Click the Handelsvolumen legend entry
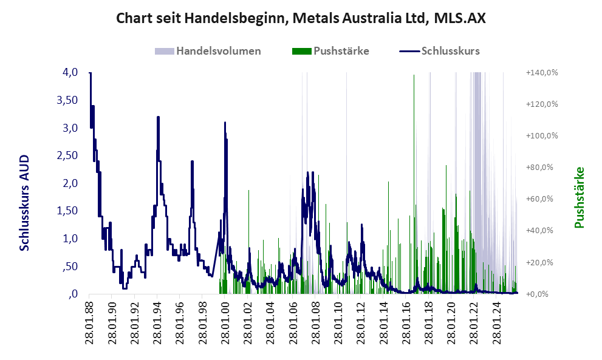218,51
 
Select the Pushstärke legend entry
341,51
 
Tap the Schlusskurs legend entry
450,51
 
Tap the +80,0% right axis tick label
538,167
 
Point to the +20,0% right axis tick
538,262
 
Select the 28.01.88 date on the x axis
89,321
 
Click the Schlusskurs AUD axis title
25,202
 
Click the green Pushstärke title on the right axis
579,198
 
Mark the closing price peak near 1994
158,117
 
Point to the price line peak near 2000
225,123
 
